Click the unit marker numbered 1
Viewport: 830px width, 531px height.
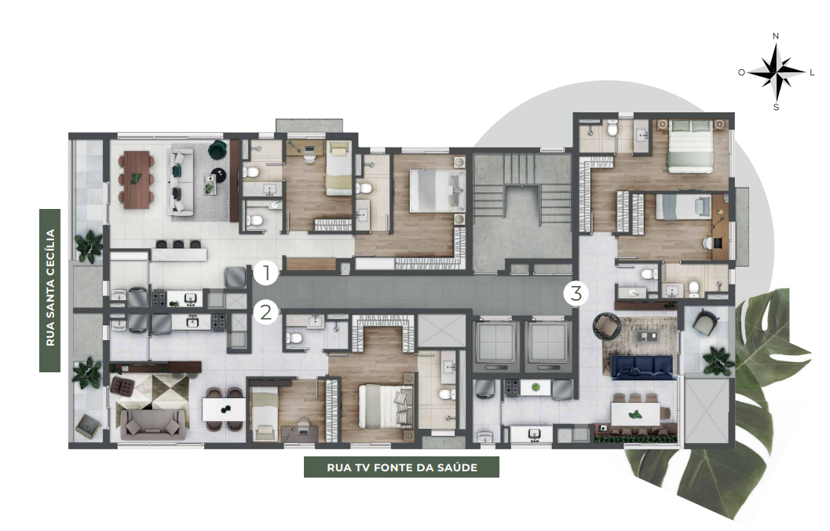[x=265, y=273]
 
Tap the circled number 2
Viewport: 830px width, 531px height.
[x=265, y=313]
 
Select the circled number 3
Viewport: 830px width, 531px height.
[x=576, y=293]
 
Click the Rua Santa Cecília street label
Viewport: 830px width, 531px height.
[x=50, y=290]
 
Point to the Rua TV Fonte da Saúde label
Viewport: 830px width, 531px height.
[x=402, y=467]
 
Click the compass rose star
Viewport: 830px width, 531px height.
[x=777, y=72]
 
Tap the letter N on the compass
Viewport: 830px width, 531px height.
[x=776, y=36]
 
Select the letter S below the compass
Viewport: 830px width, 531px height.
[x=777, y=108]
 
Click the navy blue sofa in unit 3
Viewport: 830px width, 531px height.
[x=642, y=368]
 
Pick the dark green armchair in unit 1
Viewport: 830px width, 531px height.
[x=217, y=150]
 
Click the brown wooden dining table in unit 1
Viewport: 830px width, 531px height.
[x=137, y=179]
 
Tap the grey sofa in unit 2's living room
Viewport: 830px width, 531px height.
[x=153, y=424]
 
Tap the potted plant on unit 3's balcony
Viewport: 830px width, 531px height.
[x=717, y=361]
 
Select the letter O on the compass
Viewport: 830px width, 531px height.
[x=741, y=72]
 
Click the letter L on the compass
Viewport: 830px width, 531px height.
[x=813, y=72]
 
